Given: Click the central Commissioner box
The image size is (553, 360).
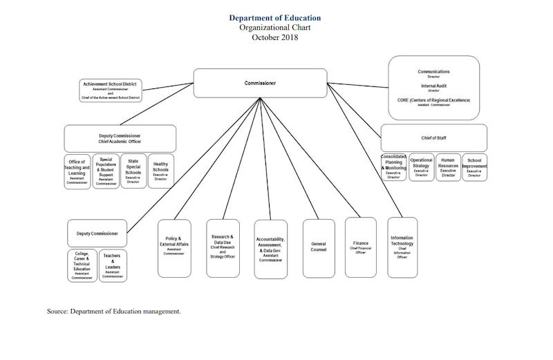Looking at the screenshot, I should pos(260,83).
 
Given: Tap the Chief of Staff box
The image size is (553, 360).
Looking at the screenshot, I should pos(433,138).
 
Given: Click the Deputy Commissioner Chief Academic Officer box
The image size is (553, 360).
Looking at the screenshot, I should pos(120,138).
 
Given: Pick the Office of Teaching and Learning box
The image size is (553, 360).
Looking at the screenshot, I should pos(77,171).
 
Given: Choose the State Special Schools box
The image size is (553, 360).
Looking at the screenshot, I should pos(133,171).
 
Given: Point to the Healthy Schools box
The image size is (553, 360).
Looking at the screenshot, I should pos(160,171).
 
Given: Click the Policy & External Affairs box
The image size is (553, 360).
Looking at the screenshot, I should pos(174,247).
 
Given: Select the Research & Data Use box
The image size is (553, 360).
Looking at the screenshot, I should pos(223,247).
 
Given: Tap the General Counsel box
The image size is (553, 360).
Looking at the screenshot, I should pos(319,247).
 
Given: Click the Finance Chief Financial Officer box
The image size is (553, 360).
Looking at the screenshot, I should pos(361,247).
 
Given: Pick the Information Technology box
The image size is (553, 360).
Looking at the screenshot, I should pos(402,247).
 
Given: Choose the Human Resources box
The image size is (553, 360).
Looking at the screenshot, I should pos(448,167).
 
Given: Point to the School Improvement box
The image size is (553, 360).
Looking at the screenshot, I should pos(474,167).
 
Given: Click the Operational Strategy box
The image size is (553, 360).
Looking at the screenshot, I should pos(421,167).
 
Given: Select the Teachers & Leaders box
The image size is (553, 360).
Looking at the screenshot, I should pos(113,265).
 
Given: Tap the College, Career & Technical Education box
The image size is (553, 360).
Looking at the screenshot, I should pos(82,265).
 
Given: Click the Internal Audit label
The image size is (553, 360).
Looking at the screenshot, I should pos(433,86).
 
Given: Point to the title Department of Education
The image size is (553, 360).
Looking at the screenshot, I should pos(274,18).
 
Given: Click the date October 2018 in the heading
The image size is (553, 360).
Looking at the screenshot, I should pos(274,37).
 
